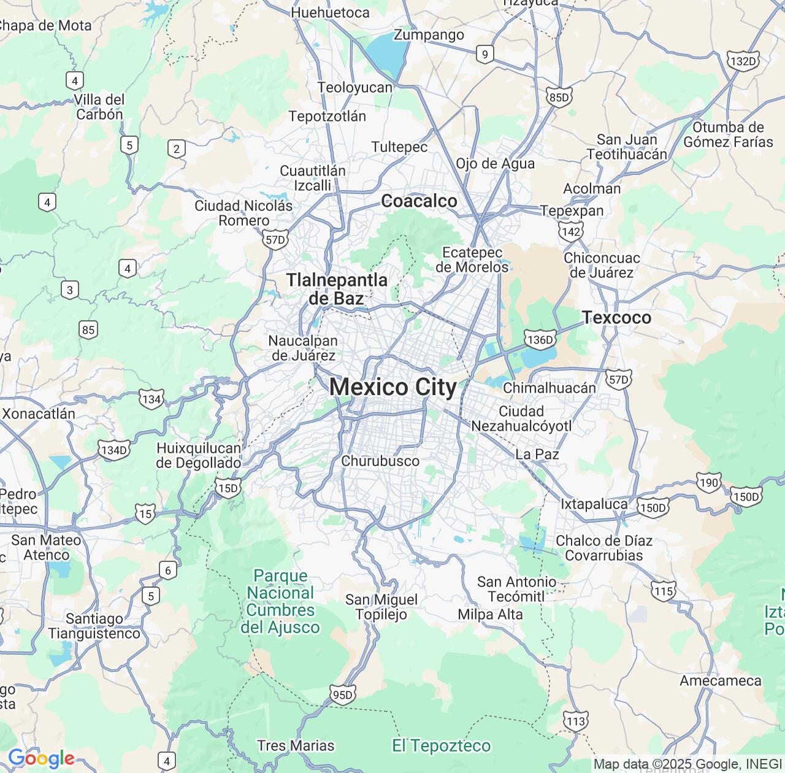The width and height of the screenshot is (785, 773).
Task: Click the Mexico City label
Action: coord(393,387)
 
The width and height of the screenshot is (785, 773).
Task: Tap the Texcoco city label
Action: coord(616,317)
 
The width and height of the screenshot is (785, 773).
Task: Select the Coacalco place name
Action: coord(419,201)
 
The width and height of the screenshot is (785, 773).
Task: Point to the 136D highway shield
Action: coord(540,339)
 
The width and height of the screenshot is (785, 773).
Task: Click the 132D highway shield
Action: coord(743,61)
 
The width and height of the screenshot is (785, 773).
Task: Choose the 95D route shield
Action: coord(342,694)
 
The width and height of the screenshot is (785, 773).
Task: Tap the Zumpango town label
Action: coord(429,34)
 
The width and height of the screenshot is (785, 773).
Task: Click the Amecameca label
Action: coord(720,680)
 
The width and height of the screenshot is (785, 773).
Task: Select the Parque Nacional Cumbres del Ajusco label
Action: coord(280,601)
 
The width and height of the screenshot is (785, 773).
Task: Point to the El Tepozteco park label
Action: coord(441,745)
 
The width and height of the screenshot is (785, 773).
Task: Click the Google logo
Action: coord(41,758)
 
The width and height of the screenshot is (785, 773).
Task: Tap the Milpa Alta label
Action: coord(490,614)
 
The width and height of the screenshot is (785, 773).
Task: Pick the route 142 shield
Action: coord(570,231)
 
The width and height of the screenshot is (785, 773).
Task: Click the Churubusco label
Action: coord(380,461)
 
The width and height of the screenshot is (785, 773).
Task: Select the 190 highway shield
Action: coord(708,482)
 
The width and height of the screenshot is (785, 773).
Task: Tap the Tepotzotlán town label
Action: coord(327,116)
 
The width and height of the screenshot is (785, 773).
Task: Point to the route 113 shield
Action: coord(575,721)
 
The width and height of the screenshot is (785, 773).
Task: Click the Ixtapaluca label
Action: coord(594,504)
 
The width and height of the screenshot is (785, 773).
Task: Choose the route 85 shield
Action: coord(88,329)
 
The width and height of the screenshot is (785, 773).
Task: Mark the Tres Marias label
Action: coord(296,745)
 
